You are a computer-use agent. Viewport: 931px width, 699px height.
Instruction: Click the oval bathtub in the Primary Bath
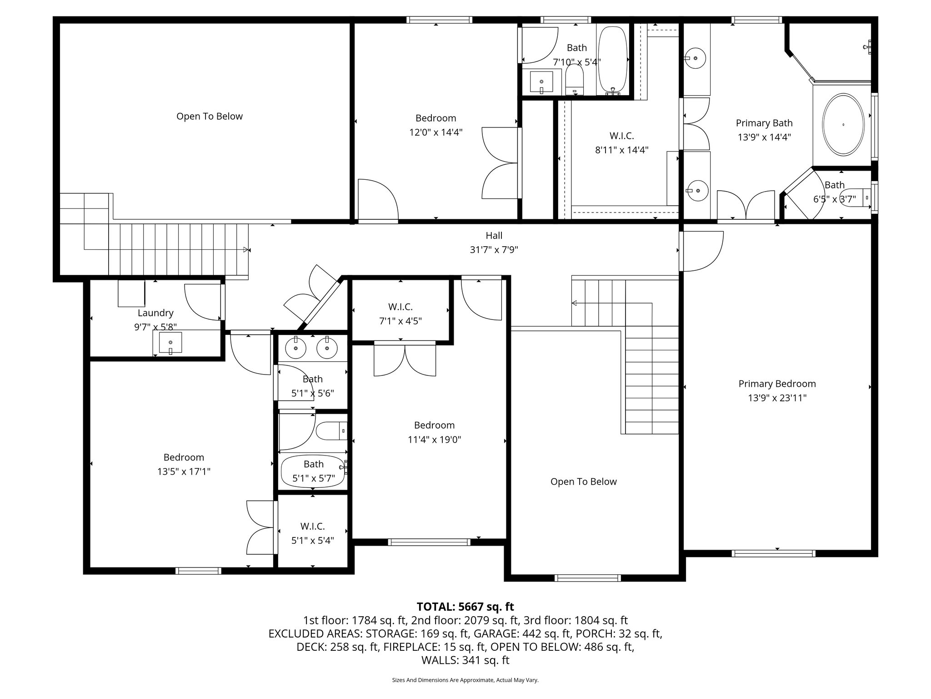click(843, 124)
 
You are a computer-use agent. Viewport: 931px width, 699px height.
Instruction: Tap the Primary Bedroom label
click(777, 384)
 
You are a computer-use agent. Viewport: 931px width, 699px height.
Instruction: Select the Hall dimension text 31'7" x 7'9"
click(494, 250)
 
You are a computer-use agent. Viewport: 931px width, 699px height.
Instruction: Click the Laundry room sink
click(170, 343)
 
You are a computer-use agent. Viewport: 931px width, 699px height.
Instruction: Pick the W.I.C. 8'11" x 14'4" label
click(621, 142)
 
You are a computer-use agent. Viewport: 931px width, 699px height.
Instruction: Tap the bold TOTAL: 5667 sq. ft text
click(465, 607)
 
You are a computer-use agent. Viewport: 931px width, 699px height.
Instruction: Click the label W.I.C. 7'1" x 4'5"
click(400, 314)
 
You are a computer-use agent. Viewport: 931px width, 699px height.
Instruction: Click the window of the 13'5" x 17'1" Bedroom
click(198, 571)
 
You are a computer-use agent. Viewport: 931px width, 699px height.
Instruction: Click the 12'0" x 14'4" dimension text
click(435, 132)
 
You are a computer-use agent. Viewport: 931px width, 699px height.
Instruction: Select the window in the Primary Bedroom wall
click(773, 553)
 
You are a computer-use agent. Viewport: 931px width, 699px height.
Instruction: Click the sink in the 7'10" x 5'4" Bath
click(541, 82)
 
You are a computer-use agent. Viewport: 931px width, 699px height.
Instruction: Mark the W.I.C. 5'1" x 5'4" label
click(312, 533)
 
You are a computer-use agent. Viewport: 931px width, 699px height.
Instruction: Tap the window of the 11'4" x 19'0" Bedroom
click(429, 542)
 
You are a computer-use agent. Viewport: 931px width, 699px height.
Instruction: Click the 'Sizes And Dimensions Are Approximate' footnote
click(465, 680)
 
